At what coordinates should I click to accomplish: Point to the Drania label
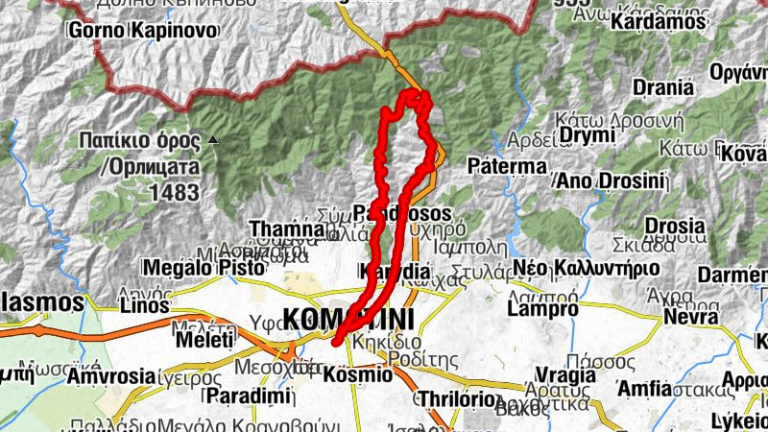662,87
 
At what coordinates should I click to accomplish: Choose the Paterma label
507,166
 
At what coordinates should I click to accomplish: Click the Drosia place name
675,226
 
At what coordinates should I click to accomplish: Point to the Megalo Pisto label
192,267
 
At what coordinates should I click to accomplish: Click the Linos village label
145,306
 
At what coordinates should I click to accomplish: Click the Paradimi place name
234,396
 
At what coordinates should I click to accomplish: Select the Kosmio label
359,374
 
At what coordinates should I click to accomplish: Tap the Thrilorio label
457,398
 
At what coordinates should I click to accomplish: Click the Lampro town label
542,309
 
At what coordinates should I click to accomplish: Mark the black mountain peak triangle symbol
213,141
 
